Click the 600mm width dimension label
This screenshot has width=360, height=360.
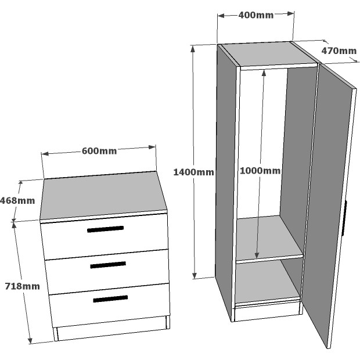(x=99, y=151)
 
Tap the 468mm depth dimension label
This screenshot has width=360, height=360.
(x=17, y=201)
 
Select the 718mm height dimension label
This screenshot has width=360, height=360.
(x=23, y=286)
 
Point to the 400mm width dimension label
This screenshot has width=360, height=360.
(x=256, y=15)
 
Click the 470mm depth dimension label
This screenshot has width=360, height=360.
(x=339, y=51)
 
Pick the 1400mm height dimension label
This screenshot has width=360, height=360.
(x=193, y=172)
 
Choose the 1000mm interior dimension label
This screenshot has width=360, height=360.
(x=260, y=171)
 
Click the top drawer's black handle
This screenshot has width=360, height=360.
(x=105, y=229)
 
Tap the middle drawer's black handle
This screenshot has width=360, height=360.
(x=108, y=265)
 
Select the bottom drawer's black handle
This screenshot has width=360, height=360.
(x=110, y=298)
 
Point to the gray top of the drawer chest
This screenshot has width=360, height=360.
(x=103, y=196)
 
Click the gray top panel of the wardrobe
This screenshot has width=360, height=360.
(x=269, y=53)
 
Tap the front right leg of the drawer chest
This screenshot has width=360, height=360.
(x=168, y=322)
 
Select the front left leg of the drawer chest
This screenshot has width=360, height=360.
(x=56, y=334)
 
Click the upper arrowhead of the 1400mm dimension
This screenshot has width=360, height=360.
(x=193, y=49)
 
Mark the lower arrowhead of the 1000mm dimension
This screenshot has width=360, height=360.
(x=257, y=255)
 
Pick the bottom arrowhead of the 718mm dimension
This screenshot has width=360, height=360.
(x=30, y=340)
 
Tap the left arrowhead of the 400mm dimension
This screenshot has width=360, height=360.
(x=221, y=16)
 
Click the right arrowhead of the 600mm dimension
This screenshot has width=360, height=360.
(x=152, y=147)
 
